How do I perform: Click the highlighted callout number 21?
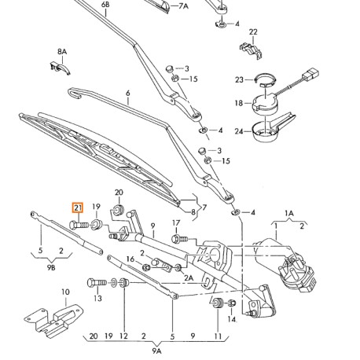click(77, 208)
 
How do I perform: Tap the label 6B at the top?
click(105, 5)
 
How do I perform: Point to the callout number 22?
click(253, 32)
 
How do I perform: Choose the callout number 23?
click(239, 79)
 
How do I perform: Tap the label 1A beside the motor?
click(288, 213)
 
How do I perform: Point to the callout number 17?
click(176, 223)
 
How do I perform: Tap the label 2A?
click(188, 277)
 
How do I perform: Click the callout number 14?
click(232, 320)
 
